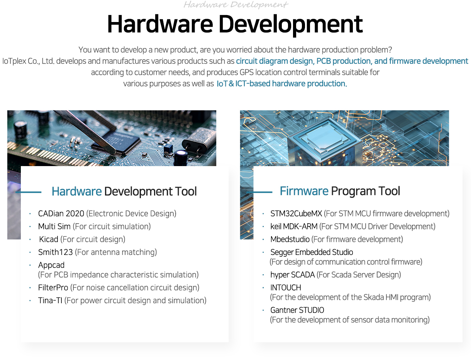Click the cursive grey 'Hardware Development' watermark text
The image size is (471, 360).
coord(235,5)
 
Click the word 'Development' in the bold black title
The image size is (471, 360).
coord(291,24)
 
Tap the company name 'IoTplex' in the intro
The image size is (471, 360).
coord(14,61)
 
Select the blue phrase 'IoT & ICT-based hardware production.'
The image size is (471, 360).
coord(282,83)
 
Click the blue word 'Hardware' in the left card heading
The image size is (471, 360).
coord(76,191)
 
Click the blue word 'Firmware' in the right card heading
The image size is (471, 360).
coord(304,191)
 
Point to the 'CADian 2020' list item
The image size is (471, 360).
coord(61,214)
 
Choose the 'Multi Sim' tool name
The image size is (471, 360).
coord(54,226)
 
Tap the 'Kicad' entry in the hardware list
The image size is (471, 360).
coord(49,239)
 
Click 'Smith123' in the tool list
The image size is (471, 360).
coord(55,252)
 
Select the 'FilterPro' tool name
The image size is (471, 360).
coord(53,288)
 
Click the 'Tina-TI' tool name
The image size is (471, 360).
coord(50,301)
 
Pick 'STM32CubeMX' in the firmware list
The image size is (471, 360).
coord(296,214)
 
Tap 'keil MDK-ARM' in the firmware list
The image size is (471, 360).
coord(294,226)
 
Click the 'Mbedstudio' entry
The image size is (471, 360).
coord(290,239)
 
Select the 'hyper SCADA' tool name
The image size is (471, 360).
coord(293,275)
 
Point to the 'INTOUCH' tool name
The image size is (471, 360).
coord(286,288)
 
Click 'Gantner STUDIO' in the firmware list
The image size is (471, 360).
coord(297,310)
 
